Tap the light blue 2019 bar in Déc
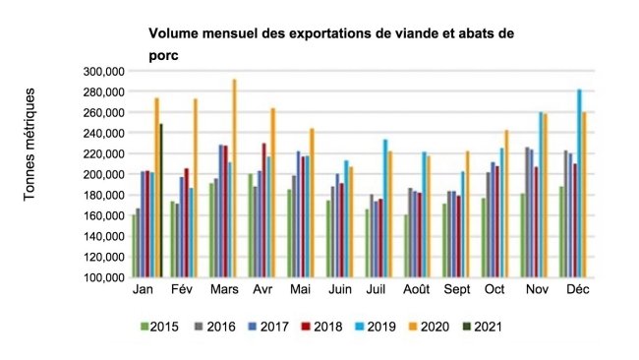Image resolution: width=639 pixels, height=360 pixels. (x=579, y=183)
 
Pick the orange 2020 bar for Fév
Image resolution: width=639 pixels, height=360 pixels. (x=195, y=188)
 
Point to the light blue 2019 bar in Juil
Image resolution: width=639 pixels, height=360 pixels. (x=385, y=208)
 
